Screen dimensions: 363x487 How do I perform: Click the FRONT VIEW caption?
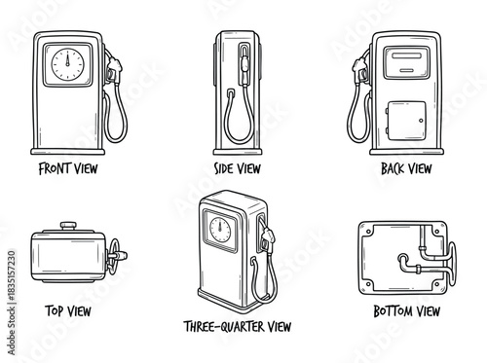[x=68, y=167]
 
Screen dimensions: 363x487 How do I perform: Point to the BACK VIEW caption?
[x=405, y=167]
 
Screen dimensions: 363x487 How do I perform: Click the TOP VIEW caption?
[x=67, y=311]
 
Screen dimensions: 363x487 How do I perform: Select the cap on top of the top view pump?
[x=68, y=228]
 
